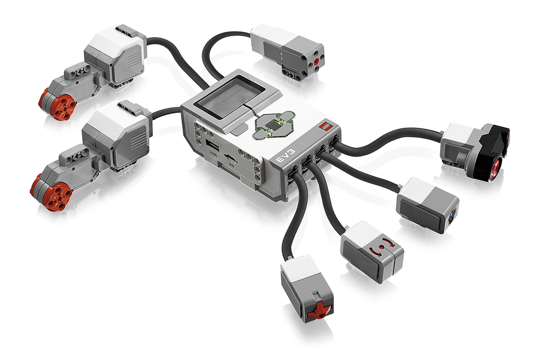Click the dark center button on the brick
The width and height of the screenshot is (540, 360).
click(x=273, y=126)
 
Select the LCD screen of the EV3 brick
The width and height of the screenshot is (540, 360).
click(x=231, y=98)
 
